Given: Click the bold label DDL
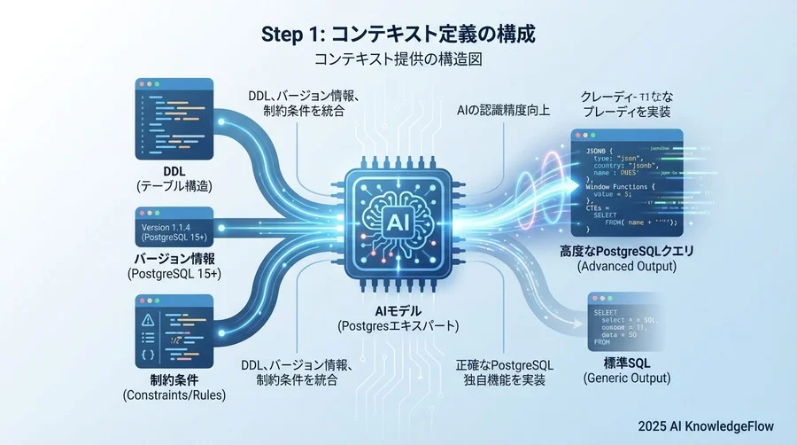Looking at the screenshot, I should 174,170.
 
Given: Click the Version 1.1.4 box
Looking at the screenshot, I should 174,228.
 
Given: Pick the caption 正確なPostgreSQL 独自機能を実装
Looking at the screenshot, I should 505,372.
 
